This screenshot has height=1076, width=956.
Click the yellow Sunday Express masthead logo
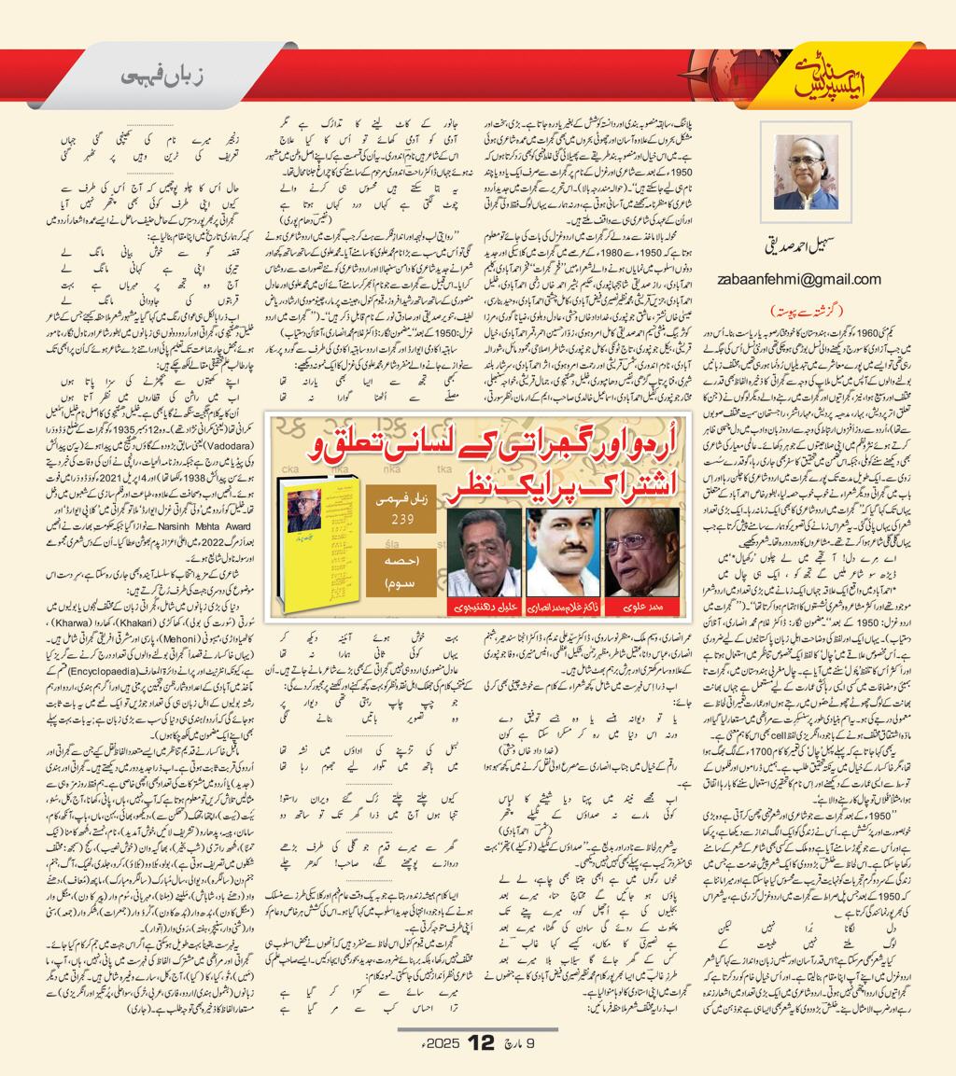tap(822, 78)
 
